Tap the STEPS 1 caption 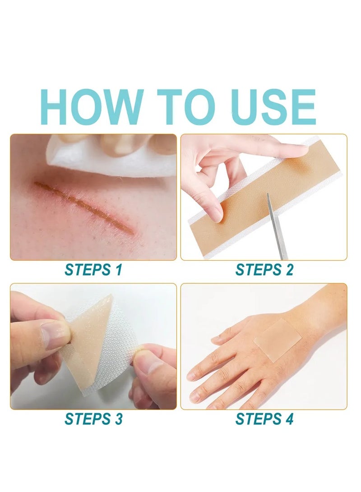(x=93, y=270)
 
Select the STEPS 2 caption (x=264, y=270)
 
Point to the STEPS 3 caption (x=93, y=419)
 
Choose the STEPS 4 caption (x=264, y=419)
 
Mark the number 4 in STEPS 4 (x=289, y=419)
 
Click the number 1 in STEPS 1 (x=118, y=270)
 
